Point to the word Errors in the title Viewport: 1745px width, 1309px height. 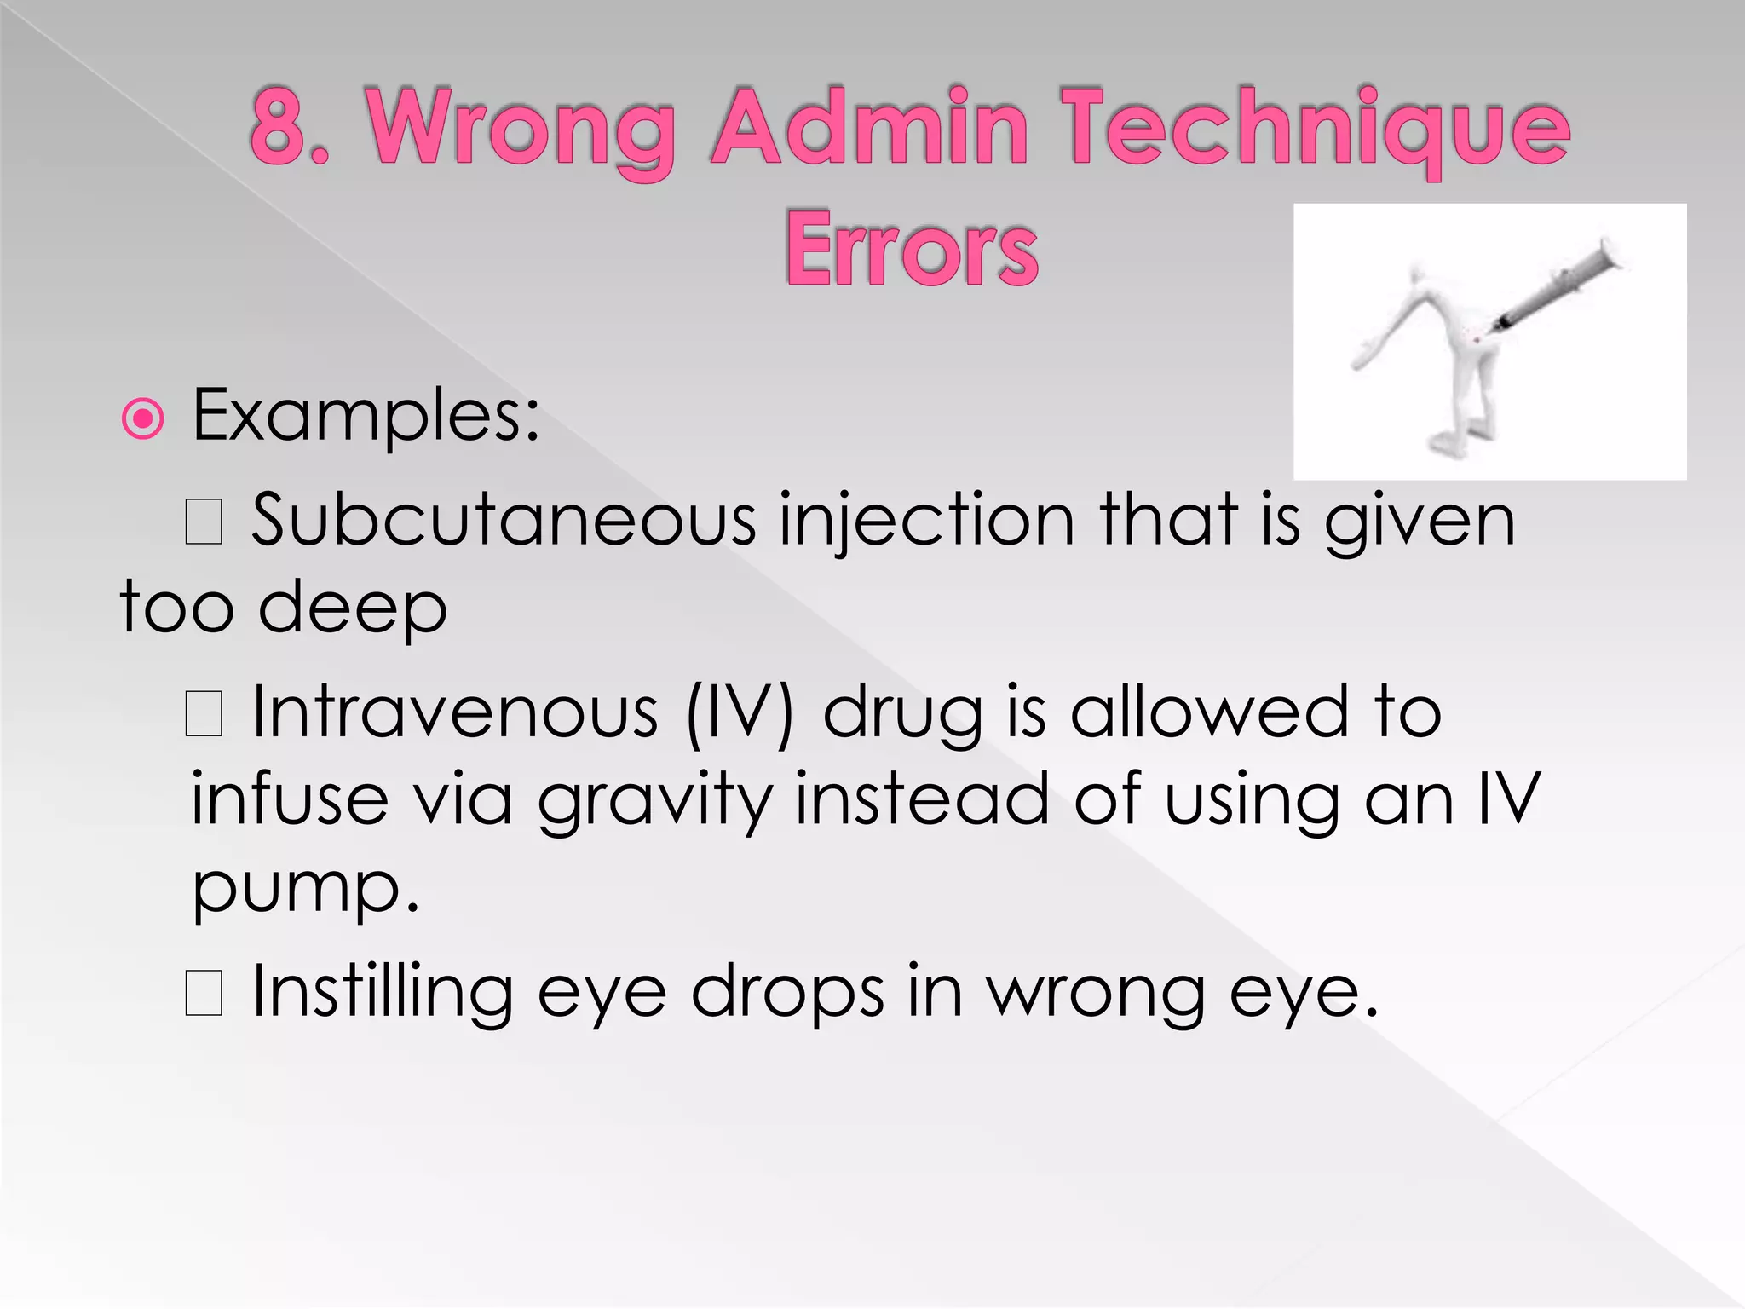click(x=911, y=248)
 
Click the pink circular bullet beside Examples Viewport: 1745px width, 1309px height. click(x=142, y=418)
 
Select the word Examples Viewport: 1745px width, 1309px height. click(x=366, y=417)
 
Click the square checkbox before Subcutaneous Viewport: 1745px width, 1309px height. click(x=204, y=522)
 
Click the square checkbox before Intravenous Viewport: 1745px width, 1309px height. click(x=204, y=713)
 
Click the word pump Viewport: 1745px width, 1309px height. click(x=305, y=890)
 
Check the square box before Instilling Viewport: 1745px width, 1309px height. click(x=204, y=993)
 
